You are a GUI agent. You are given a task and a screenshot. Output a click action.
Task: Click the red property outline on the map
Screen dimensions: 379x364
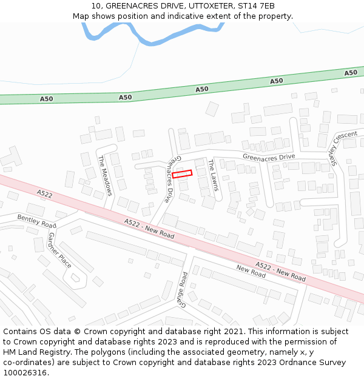[x=182, y=174]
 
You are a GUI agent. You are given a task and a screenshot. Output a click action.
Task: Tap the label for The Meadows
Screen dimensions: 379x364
[x=105, y=176]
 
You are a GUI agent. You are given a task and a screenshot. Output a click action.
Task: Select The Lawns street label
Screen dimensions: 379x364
[x=213, y=175]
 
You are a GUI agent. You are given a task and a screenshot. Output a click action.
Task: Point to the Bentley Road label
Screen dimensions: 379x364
[x=36, y=221]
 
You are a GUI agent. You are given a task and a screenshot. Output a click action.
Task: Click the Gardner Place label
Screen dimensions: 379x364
[x=60, y=250]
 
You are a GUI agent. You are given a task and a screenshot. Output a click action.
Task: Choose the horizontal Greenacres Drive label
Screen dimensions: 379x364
[x=269, y=157]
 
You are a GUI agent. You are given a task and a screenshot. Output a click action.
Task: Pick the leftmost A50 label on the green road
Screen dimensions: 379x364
[x=47, y=99]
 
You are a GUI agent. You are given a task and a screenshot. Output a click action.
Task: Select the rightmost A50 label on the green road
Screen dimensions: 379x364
[x=351, y=73]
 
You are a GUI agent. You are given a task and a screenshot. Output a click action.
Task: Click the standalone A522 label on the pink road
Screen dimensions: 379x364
[x=44, y=194]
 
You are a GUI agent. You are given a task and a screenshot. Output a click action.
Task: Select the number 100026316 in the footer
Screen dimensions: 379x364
[x=25, y=373]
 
